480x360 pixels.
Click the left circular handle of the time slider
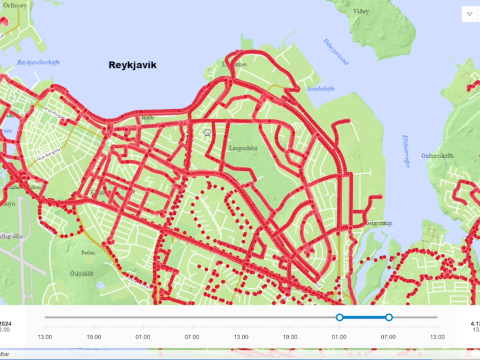339,318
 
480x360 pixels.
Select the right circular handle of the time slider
389,318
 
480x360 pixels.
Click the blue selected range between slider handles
364,318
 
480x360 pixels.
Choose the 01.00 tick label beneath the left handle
339,337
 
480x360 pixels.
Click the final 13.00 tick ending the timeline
436,337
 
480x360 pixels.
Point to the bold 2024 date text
6,325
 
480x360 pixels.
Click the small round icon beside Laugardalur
207,131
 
